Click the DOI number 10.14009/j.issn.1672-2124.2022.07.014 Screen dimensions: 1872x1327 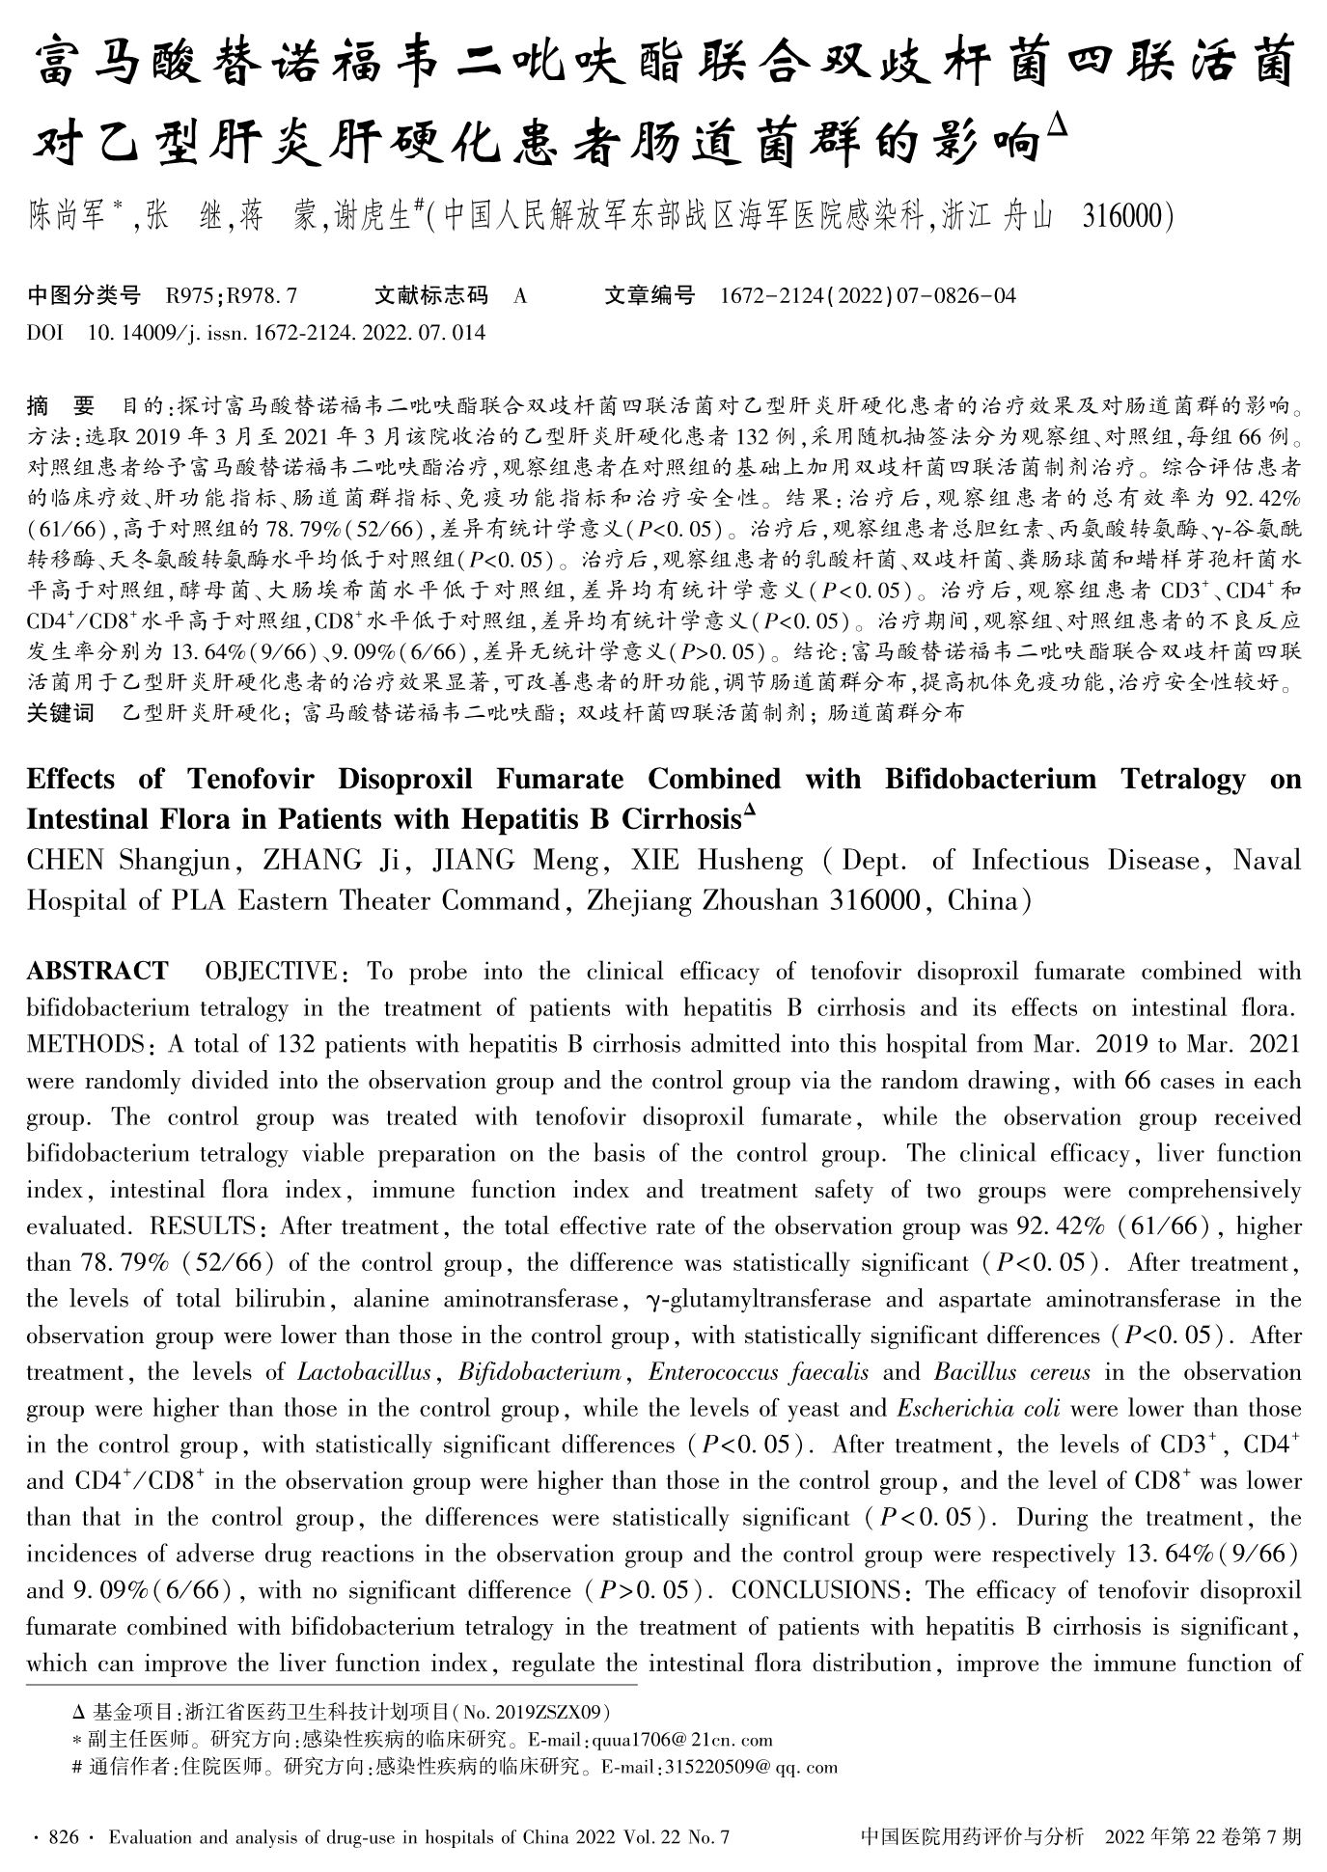tap(287, 334)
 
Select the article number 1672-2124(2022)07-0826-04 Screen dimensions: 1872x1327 tap(868, 296)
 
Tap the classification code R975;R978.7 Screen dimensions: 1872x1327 tap(231, 296)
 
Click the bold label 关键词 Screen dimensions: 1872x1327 tap(61, 714)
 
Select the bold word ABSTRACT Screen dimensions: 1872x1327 tap(97, 971)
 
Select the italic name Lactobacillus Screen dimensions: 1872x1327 tap(364, 1372)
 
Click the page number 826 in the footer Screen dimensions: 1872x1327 tap(63, 1838)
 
